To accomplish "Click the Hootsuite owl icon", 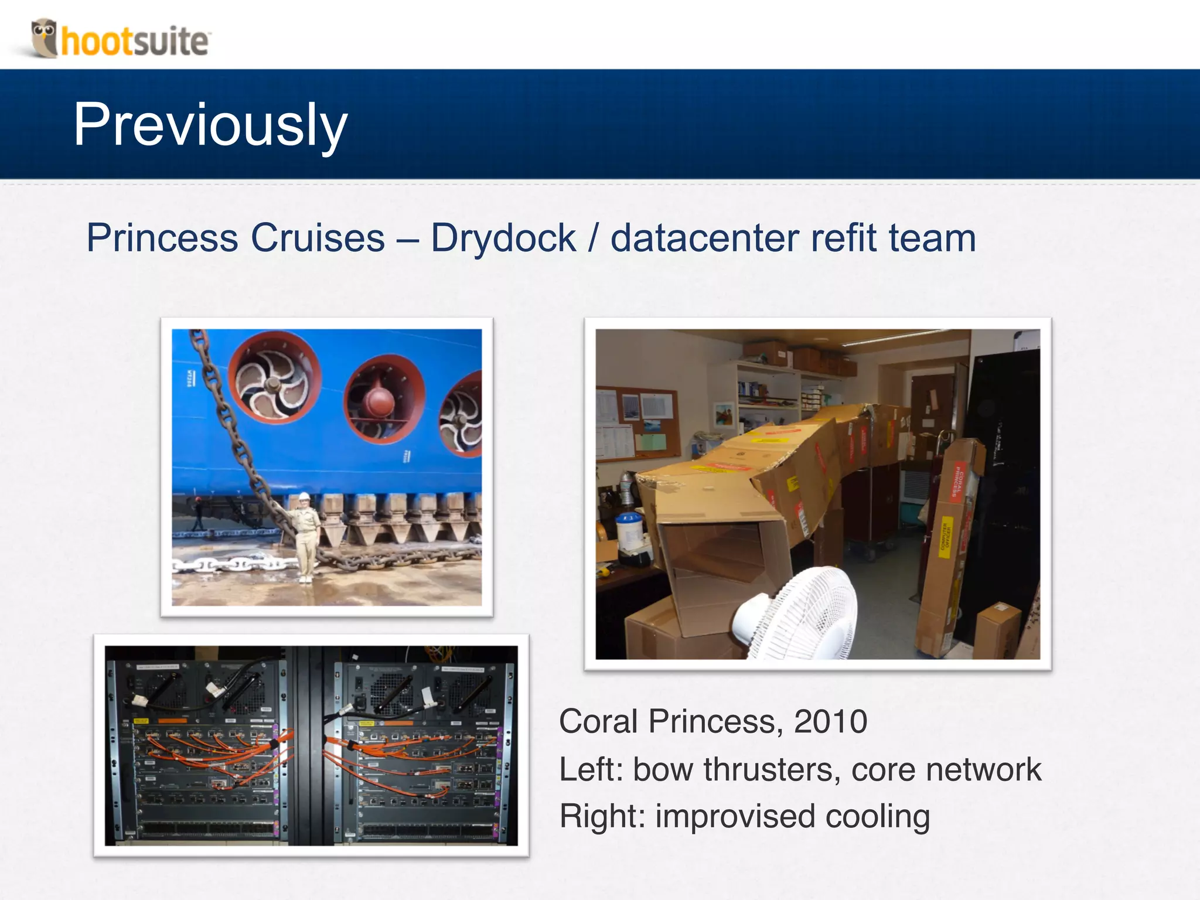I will pyautogui.click(x=45, y=37).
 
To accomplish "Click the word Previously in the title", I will pyautogui.click(x=210, y=124).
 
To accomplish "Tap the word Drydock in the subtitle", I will pyautogui.click(x=503, y=238).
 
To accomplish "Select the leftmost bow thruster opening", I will pyautogui.click(x=274, y=384).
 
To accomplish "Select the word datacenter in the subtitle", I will pyautogui.click(x=704, y=238).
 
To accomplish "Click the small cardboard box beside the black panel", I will pyautogui.click(x=998, y=630).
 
